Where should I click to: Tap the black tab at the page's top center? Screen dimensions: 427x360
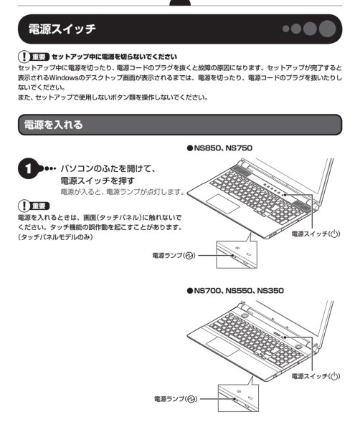[180, 5]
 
